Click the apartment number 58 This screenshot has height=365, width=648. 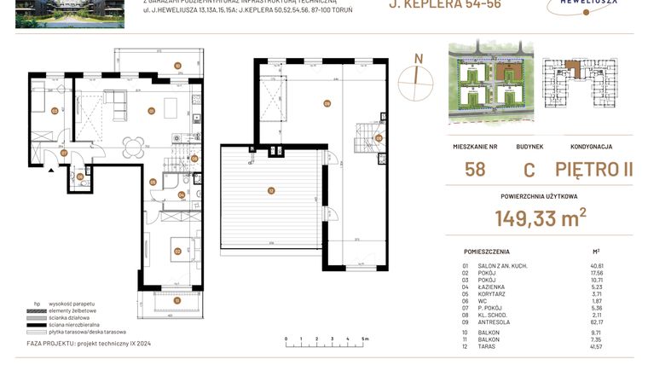point(476,168)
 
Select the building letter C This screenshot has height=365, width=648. point(529,168)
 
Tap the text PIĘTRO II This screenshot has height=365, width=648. point(593,168)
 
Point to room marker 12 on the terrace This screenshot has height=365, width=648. point(271,191)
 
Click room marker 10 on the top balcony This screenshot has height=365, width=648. point(177,66)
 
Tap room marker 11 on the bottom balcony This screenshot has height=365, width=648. point(176,300)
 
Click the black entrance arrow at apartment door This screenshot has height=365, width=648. point(52,170)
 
